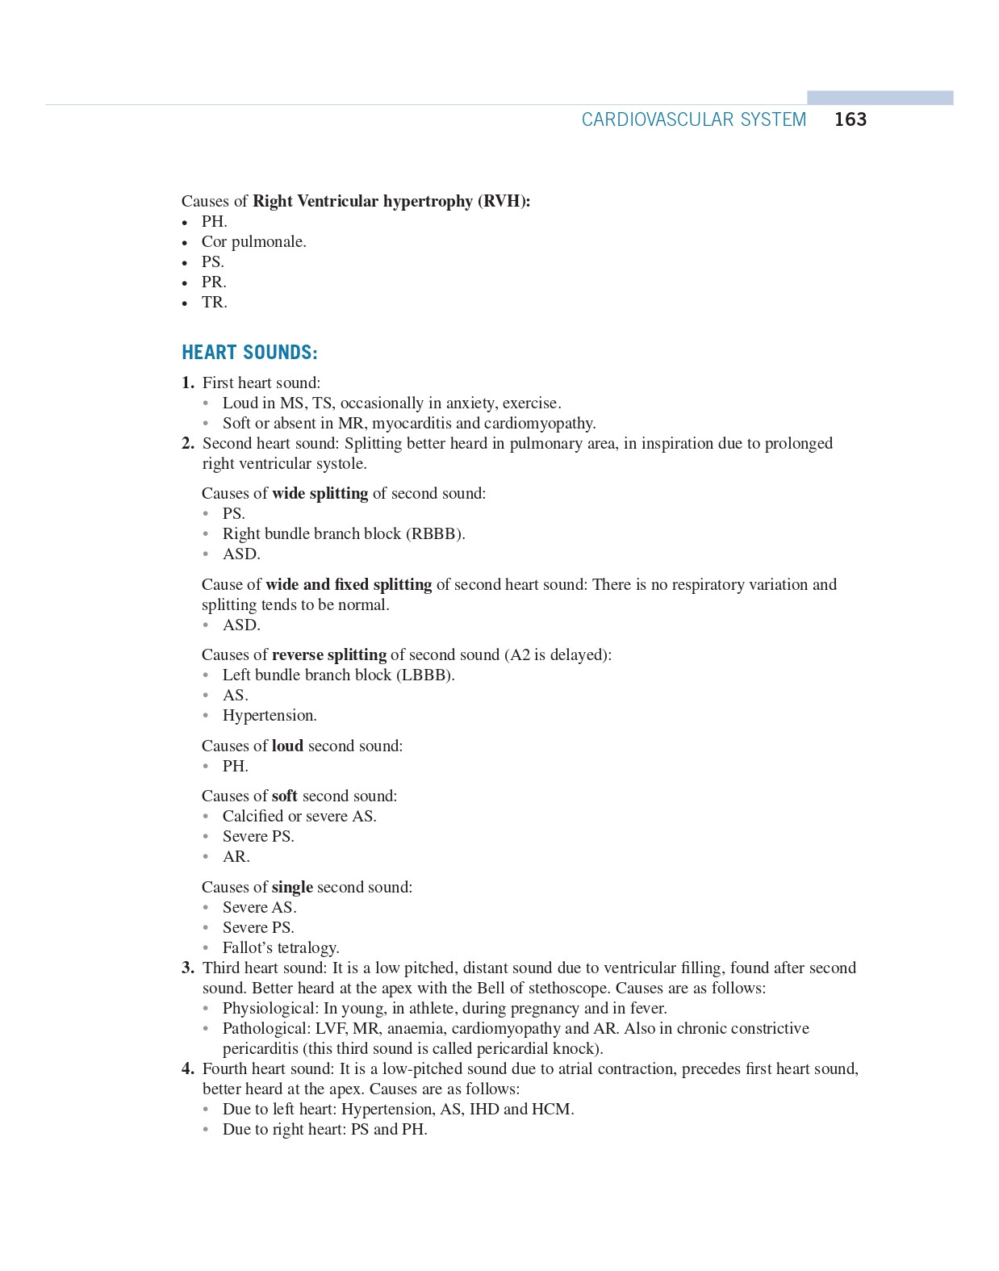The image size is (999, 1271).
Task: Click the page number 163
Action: click(850, 119)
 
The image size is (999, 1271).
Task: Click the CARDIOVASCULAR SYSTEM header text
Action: click(693, 119)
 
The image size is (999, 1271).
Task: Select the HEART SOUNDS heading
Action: click(249, 353)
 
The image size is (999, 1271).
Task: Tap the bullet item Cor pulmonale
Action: click(253, 241)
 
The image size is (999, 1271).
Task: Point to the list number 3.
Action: click(187, 968)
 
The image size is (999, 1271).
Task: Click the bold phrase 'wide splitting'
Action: click(320, 493)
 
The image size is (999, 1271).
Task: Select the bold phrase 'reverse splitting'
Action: click(328, 654)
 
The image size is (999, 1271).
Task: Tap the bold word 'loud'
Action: click(287, 746)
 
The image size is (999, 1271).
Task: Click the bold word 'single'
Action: click(292, 887)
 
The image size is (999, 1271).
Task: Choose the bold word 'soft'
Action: click(284, 796)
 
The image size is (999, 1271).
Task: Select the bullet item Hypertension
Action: click(270, 715)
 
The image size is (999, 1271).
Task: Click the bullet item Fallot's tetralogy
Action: click(281, 947)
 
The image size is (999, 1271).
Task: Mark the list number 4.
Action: click(187, 1068)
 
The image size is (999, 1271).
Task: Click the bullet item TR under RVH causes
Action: click(214, 302)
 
